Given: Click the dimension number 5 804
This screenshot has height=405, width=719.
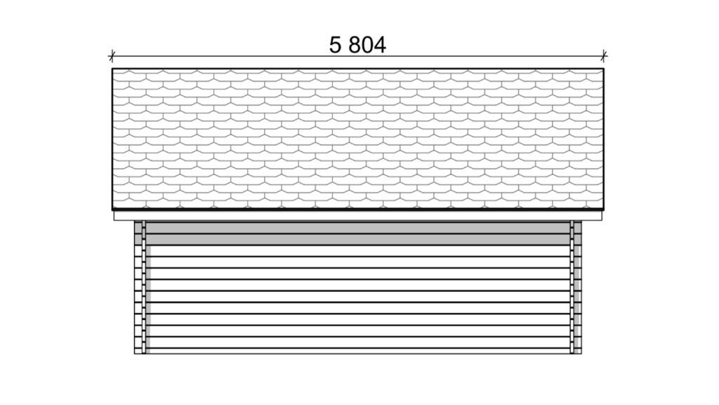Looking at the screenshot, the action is (357, 45).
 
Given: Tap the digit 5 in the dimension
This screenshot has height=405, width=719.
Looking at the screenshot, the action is (335, 45).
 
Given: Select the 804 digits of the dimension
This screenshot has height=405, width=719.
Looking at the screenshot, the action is (367, 45).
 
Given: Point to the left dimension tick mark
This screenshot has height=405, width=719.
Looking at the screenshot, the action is (112, 56).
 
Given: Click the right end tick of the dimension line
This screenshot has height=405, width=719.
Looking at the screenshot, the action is (603, 56).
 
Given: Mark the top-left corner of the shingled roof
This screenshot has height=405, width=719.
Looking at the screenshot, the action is (112, 69).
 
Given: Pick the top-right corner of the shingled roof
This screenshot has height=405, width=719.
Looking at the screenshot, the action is (603, 69).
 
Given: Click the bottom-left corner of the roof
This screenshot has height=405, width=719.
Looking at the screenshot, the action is (112, 210).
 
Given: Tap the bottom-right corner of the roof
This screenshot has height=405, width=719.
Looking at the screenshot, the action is (603, 210).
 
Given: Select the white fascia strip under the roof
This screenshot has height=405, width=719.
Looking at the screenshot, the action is (357, 216).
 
